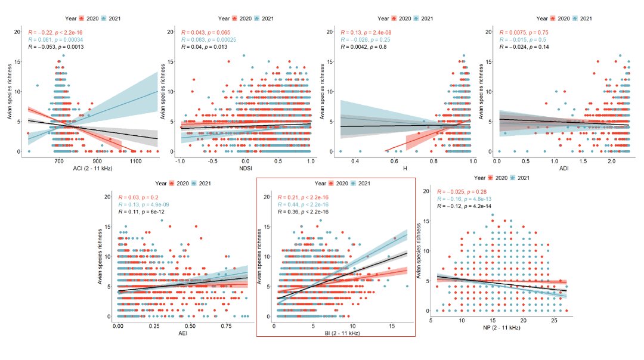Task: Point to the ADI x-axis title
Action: [563, 169]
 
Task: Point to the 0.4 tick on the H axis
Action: [355, 161]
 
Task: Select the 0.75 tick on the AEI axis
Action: [225, 327]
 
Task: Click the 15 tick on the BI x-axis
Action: [391, 327]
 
